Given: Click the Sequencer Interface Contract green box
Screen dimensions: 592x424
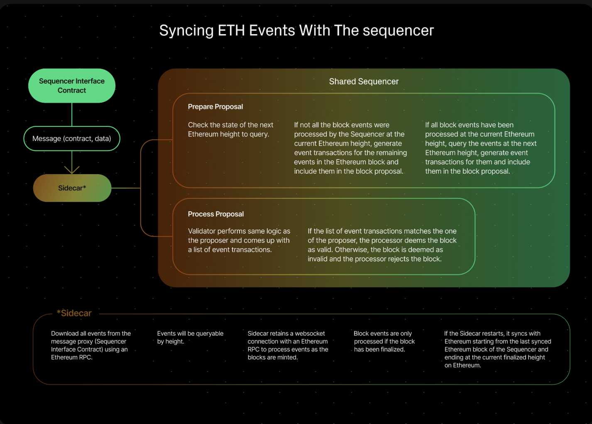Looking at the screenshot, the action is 72,86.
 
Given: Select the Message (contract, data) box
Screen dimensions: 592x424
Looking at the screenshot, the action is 72,139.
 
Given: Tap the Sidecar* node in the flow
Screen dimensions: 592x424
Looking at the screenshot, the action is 72,188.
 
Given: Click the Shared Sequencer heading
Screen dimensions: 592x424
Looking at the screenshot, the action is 364,81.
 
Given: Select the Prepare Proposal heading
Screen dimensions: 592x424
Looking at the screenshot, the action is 215,107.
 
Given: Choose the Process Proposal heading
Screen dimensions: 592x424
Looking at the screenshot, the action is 215,214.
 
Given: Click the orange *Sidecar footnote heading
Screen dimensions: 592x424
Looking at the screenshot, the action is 74,313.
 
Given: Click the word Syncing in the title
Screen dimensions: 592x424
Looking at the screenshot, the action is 186,31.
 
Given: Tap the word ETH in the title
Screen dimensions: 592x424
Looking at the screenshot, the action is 231,30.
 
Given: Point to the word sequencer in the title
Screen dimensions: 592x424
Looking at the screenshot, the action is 398,31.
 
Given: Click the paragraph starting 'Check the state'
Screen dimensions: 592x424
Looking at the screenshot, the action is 230,129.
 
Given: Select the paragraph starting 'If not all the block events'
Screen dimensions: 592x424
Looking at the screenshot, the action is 350,148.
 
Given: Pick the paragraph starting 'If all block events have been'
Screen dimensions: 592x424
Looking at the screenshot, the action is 481,148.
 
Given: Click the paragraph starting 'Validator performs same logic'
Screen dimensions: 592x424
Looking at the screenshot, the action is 239,240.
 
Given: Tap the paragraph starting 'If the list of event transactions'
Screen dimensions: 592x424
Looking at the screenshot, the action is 382,245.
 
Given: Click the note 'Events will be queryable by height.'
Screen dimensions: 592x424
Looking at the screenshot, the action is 190,338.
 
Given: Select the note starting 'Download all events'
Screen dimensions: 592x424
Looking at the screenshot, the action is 91,345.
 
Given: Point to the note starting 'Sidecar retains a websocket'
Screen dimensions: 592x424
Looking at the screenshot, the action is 288,345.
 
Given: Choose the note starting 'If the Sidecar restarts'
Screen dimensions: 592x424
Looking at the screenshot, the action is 498,349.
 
